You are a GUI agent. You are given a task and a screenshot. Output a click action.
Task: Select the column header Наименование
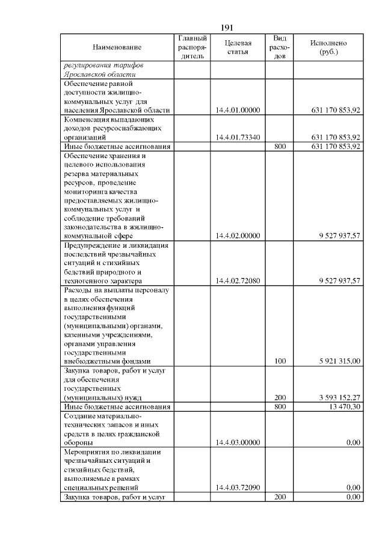[117, 47]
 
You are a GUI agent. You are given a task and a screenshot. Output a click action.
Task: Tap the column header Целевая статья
[237, 47]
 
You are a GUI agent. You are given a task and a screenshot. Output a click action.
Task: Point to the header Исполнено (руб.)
[328, 47]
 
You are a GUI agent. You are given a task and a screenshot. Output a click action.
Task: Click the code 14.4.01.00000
[237, 110]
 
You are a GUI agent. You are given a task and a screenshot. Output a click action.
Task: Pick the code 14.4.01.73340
[237, 137]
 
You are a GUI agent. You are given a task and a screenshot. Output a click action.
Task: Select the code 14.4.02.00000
[237, 236]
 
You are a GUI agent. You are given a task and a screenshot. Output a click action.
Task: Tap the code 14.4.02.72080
[237, 281]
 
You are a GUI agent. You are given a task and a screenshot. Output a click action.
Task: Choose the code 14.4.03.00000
[237, 442]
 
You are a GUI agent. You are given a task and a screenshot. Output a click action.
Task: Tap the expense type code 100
[280, 361]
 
